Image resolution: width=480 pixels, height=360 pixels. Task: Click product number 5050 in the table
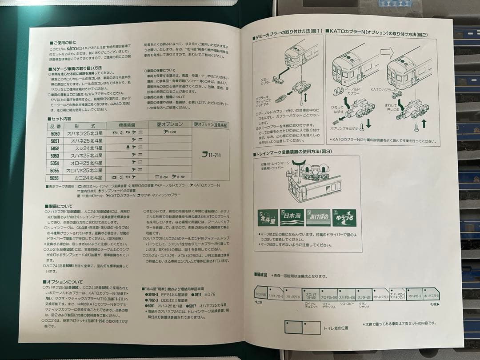(55, 133)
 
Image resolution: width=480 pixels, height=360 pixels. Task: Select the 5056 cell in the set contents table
(55, 177)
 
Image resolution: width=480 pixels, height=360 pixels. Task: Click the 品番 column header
(55, 126)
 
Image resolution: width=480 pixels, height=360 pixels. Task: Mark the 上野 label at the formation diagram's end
(259, 303)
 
